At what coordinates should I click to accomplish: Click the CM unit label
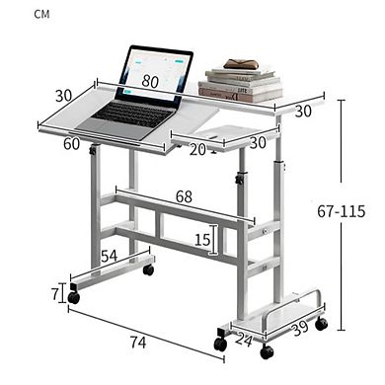point(17,14)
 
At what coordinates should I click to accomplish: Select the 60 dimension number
point(71,144)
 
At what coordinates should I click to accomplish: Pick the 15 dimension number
point(201,240)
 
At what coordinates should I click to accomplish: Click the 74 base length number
point(139,342)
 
